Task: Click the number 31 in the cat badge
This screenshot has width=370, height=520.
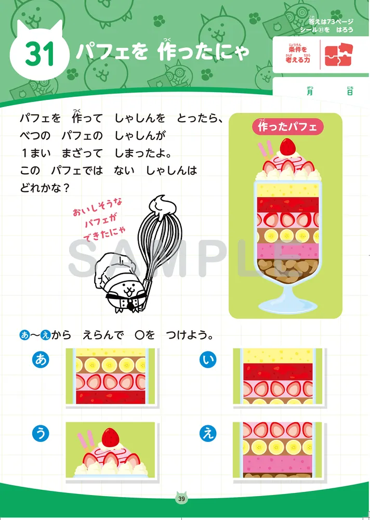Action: click(x=39, y=54)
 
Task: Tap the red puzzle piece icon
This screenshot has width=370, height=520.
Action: click(x=338, y=55)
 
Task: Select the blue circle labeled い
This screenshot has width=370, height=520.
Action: click(x=208, y=359)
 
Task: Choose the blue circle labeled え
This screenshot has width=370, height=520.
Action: click(x=208, y=434)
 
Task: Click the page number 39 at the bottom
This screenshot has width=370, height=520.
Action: click(x=181, y=499)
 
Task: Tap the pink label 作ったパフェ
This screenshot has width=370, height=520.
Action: click(x=287, y=126)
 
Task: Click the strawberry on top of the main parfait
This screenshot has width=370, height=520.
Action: click(x=288, y=146)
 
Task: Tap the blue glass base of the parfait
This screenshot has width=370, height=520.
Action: click(x=287, y=300)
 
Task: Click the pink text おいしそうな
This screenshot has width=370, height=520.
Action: click(x=98, y=209)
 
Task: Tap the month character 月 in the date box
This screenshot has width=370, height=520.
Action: click(x=310, y=92)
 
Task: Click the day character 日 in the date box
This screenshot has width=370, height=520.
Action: click(x=350, y=92)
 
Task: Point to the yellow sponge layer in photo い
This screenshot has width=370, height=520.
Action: click(x=278, y=356)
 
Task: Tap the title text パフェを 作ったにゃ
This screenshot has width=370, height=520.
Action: click(x=163, y=53)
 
